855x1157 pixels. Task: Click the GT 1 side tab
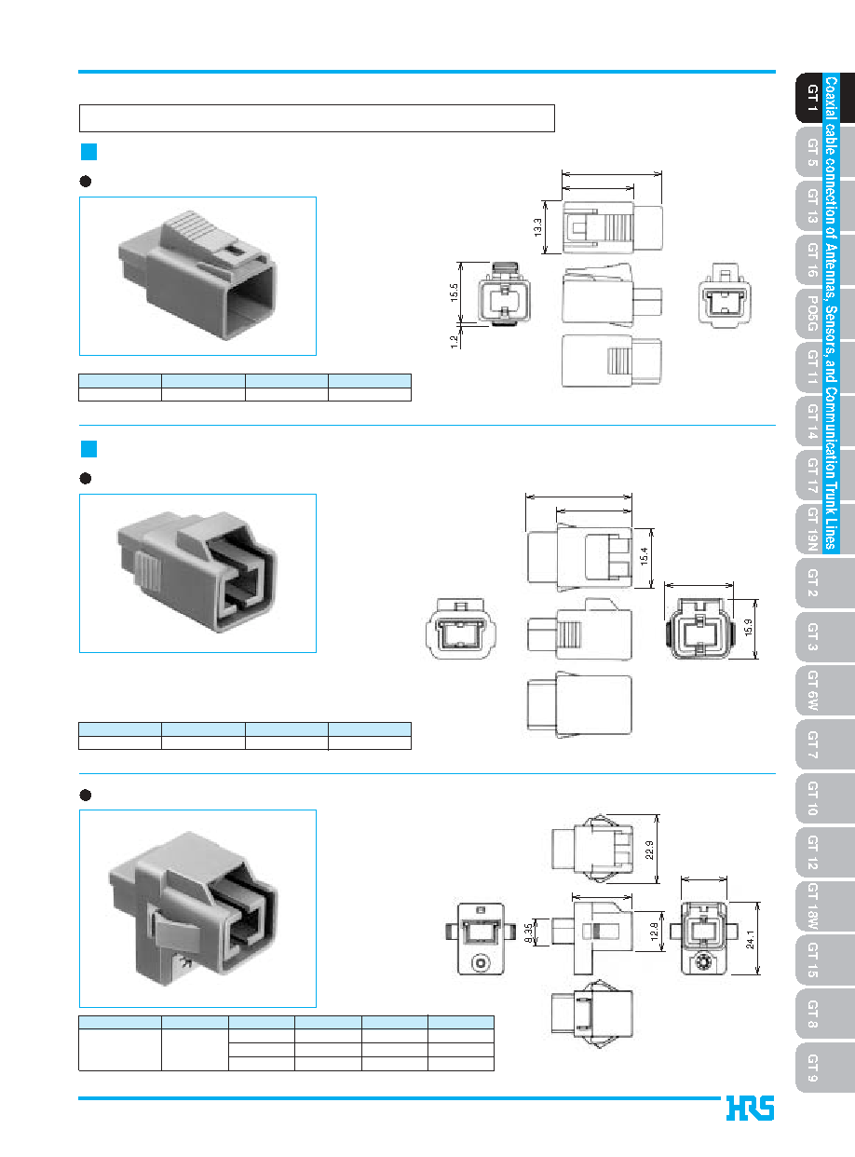[x=809, y=98]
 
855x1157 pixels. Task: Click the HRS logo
[x=750, y=1108]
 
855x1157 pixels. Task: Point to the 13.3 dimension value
[x=537, y=227]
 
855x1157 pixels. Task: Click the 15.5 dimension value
[x=454, y=293]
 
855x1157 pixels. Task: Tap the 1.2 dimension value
[x=454, y=342]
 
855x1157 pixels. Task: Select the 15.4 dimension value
[x=644, y=556]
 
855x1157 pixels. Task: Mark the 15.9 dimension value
[x=749, y=628]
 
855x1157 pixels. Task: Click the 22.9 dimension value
[x=649, y=850]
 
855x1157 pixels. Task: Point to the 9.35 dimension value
[x=528, y=933]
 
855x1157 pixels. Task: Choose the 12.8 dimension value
[x=654, y=932]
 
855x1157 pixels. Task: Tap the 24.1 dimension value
[x=750, y=939]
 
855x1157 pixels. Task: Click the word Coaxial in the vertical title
[x=832, y=98]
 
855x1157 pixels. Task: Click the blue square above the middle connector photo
[x=88, y=449]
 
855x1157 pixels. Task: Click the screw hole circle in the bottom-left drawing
[x=481, y=962]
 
